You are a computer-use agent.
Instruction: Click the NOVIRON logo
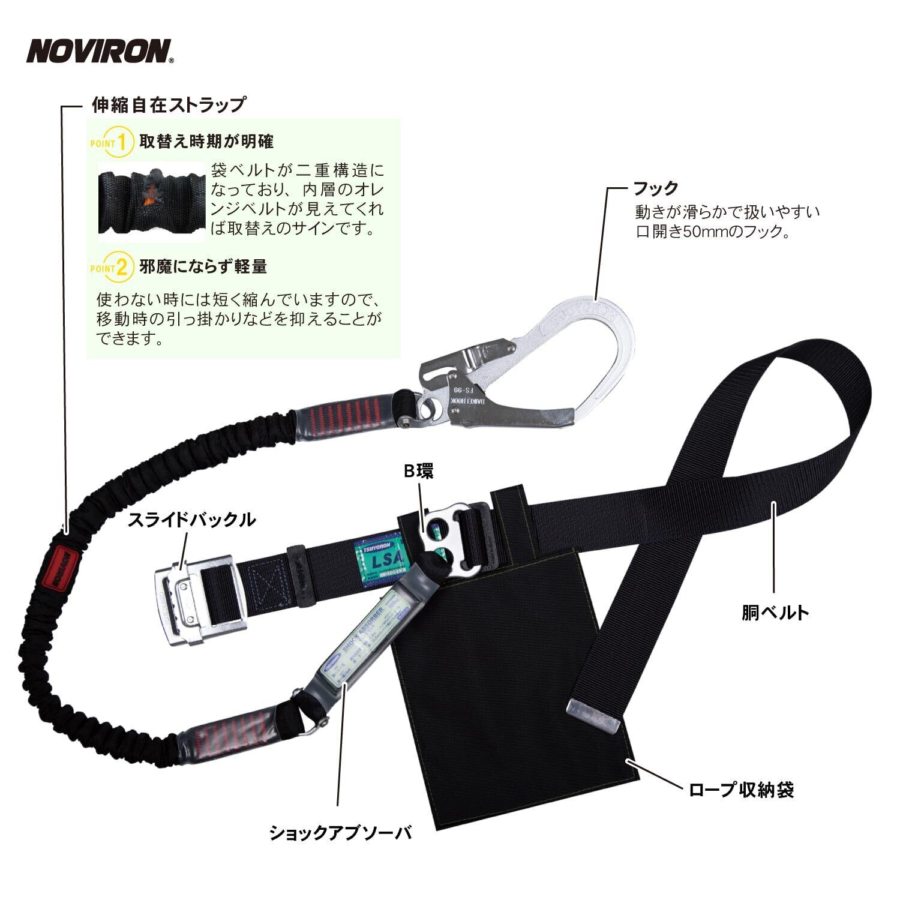tap(100, 51)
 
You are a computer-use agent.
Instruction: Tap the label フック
tap(656, 188)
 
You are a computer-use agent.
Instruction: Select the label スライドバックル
tap(191, 520)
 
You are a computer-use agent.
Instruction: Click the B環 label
tap(418, 472)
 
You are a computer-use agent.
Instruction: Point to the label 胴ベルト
tap(775, 612)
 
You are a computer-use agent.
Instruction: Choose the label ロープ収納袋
tap(741, 790)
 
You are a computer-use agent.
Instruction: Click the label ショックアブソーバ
tap(340, 832)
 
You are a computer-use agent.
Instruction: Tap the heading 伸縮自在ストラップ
tap(168, 105)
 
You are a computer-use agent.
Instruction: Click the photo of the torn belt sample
tap(152, 201)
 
